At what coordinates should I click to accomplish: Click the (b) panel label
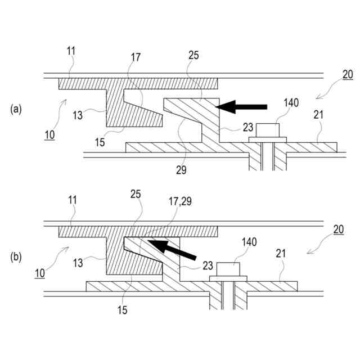[x=16, y=258]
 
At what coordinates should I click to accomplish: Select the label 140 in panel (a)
[x=291, y=102]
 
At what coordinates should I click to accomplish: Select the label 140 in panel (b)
[x=249, y=242]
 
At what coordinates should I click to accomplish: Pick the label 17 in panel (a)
[x=136, y=57]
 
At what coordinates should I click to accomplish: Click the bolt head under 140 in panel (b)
[x=228, y=269]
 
